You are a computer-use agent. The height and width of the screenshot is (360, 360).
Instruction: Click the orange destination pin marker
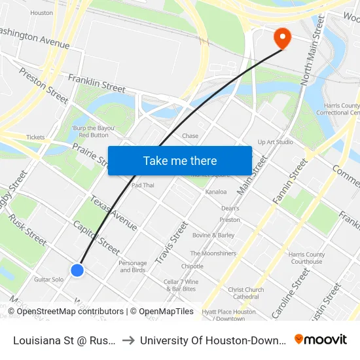pos(283,37)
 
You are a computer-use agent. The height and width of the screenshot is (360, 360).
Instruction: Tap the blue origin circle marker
pos(77,270)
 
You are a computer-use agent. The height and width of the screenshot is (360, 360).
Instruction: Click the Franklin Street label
pos(97,83)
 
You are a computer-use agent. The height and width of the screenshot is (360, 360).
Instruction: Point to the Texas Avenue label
pos(113,213)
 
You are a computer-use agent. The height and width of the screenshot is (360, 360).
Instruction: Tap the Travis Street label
pos(171,242)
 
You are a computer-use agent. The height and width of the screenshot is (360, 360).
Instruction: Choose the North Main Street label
pos(312,51)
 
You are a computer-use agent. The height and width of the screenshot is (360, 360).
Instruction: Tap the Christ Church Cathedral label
pos(246,293)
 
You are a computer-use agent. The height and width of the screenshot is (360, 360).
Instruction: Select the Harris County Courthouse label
pos(306,258)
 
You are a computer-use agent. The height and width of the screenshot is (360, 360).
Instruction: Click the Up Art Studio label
pos(276,142)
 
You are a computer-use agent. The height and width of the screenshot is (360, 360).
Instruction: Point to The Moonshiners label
pos(213,253)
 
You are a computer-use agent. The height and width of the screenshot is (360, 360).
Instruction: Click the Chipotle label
pos(192,266)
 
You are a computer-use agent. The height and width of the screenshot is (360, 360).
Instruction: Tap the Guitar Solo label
pos(49,279)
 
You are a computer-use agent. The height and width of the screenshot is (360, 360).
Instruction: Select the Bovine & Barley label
pos(213,235)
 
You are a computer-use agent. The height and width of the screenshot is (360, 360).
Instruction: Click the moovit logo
pos(320,339)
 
